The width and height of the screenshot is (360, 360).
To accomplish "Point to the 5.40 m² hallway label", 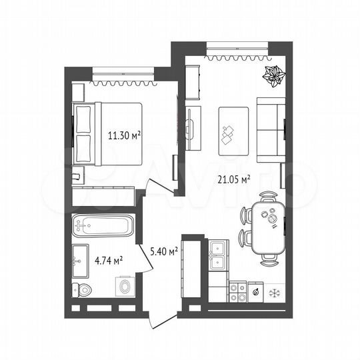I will click(164, 251).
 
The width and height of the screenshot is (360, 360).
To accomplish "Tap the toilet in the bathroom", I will click(82, 291).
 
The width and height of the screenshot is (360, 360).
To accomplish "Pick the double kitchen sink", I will click(217, 254).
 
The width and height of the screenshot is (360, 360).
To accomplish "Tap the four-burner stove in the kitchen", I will click(237, 291).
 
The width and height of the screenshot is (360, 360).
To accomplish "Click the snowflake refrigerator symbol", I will click(273, 292).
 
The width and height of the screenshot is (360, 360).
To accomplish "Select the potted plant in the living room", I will click(273, 78).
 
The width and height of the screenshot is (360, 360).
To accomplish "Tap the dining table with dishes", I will click(268, 227).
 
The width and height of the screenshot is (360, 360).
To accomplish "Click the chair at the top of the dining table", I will click(269, 197).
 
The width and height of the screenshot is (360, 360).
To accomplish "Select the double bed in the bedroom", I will click(110, 135).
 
